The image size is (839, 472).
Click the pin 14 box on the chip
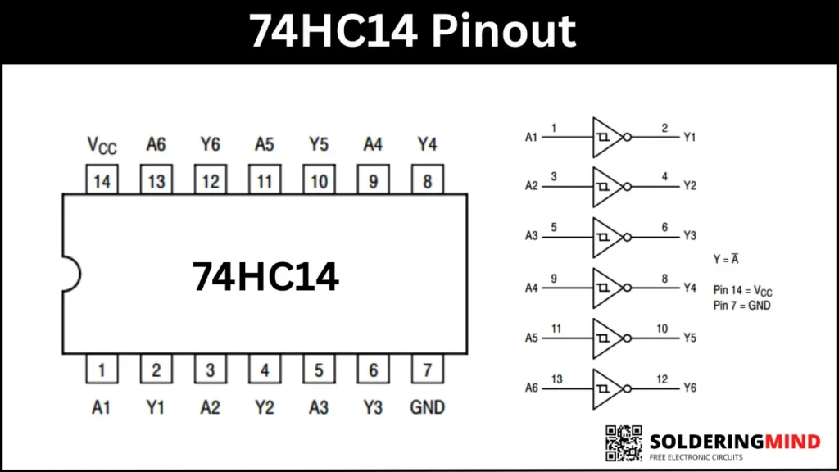[102, 180]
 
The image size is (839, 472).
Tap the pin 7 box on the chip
[427, 370]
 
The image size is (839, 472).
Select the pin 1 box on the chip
[102, 370]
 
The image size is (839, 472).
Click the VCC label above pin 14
[102, 146]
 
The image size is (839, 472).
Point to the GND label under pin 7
[427, 407]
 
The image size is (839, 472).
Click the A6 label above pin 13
[156, 145]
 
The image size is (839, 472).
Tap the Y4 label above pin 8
[427, 145]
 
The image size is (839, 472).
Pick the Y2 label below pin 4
[264, 407]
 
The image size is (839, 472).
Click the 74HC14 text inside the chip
[265, 277]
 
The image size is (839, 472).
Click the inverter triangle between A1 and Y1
[607, 136]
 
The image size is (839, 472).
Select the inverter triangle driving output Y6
[607, 388]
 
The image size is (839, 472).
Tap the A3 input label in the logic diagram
[531, 236]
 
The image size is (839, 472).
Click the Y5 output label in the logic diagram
[689, 338]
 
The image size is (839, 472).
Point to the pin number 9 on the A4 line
[554, 279]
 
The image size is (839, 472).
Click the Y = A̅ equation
[727, 258]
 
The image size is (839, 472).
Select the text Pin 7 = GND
[741, 306]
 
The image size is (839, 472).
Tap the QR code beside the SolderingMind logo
[624, 442]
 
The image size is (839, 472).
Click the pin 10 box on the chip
[319, 180]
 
